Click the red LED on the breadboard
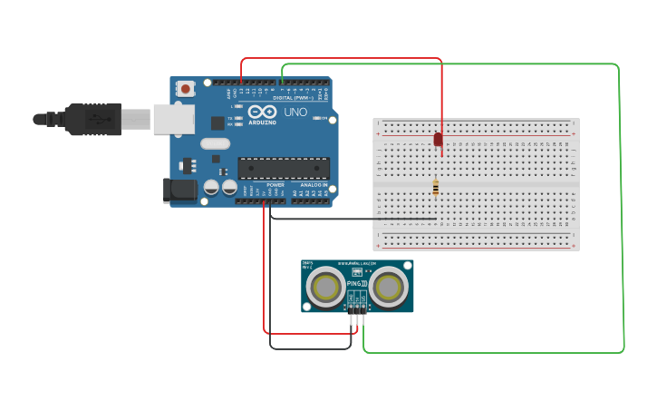click(x=438, y=140)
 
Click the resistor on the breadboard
click(x=436, y=188)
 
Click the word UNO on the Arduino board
click(x=295, y=113)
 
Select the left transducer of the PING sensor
click(x=325, y=288)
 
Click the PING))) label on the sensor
click(x=357, y=284)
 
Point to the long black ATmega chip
click(x=284, y=167)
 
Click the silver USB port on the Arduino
click(x=173, y=119)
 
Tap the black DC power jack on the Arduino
click(x=179, y=190)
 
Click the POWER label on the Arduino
click(x=275, y=184)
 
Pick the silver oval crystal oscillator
click(x=216, y=143)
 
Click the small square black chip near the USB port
click(x=217, y=122)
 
